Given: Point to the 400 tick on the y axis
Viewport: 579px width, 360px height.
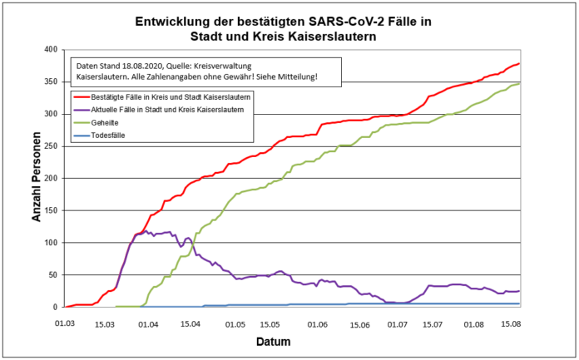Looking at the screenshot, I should (51, 50).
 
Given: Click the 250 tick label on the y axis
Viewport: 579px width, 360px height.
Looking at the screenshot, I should (51, 146).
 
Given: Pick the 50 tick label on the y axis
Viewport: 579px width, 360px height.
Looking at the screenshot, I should (53, 275).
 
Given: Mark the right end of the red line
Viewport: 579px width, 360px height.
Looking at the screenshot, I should (519, 63).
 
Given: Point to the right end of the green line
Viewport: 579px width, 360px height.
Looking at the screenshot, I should (519, 83).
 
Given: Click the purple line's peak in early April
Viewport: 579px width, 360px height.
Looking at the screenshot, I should (146, 230).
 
